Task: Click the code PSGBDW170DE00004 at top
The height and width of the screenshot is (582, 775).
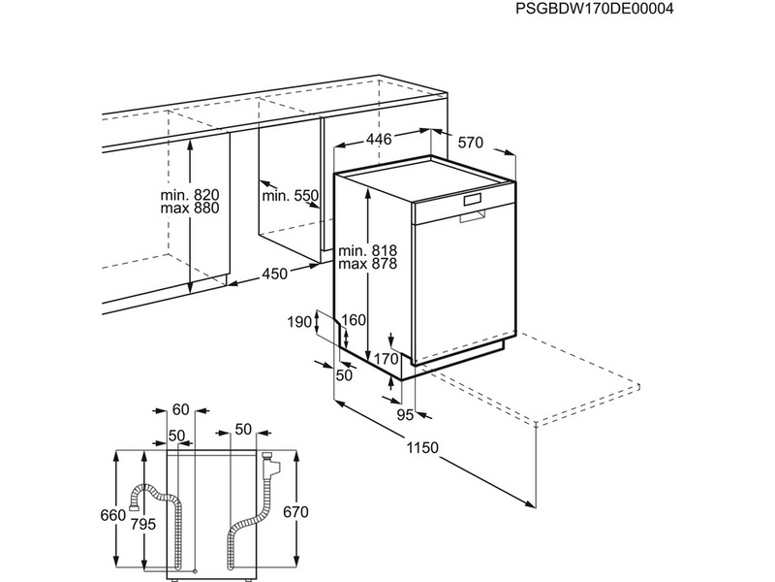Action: (594, 9)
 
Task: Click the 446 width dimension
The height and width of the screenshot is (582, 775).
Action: (379, 139)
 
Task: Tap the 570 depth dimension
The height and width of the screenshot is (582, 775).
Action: (470, 143)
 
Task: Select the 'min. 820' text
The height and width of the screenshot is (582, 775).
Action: (190, 195)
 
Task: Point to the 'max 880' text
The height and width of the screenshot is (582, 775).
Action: (190, 209)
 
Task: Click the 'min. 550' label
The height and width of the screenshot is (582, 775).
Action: (290, 196)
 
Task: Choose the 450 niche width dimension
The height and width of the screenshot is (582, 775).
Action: (274, 274)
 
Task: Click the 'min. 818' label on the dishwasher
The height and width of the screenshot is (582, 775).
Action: (368, 250)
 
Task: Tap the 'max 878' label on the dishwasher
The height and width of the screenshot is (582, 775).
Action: (368, 264)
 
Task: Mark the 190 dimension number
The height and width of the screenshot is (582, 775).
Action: (300, 322)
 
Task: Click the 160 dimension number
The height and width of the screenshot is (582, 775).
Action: (354, 320)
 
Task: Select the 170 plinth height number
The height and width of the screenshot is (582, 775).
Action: (387, 358)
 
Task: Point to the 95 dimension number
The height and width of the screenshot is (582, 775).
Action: (405, 415)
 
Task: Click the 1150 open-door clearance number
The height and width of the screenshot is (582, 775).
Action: (422, 447)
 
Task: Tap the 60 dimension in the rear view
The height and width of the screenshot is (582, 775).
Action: (181, 409)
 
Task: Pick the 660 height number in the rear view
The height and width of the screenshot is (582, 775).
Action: (113, 515)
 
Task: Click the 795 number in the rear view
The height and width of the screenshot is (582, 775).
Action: (143, 524)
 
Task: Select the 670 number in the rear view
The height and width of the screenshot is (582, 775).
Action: (296, 512)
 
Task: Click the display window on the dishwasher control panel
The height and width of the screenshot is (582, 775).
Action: (472, 200)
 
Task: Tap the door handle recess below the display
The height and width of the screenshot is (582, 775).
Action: (472, 216)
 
